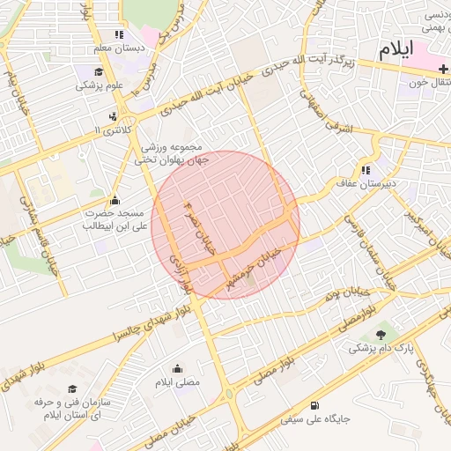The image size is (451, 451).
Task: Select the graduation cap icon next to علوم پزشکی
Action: [99, 72]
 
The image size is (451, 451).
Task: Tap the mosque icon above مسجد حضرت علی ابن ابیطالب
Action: [115, 200]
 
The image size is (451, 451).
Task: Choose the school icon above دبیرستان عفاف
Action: [365, 170]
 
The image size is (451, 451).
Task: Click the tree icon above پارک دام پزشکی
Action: [381, 334]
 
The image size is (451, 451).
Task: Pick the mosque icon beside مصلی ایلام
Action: [177, 369]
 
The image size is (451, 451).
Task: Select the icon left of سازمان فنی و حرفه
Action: [71, 388]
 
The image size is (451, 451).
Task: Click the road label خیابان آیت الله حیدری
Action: [217, 88]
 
